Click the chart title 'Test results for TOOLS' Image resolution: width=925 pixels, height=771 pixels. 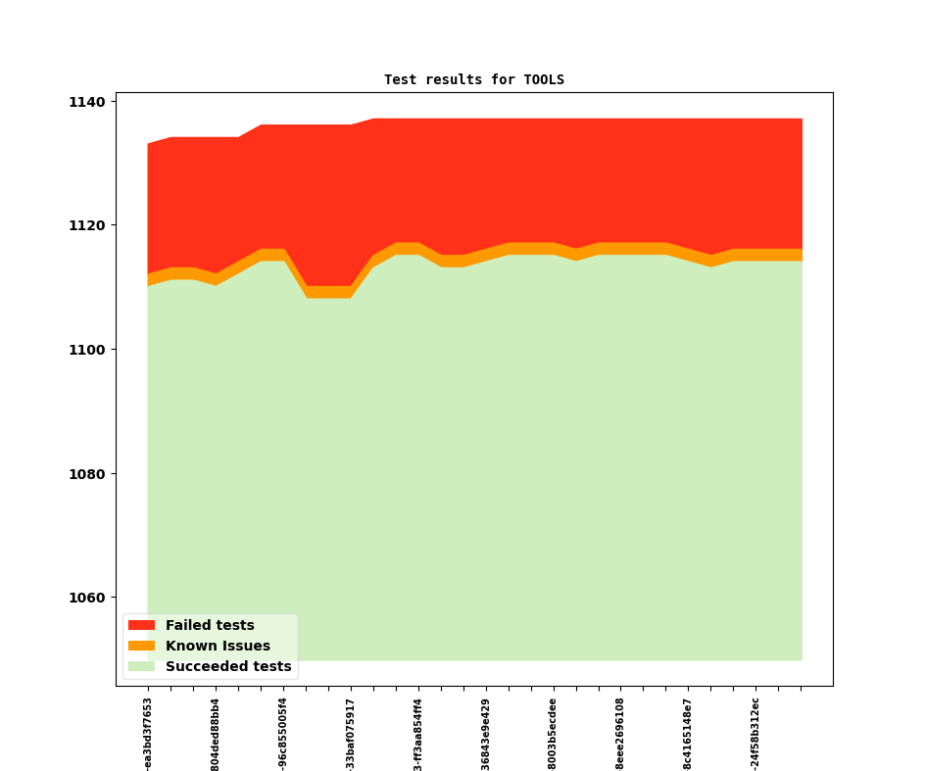474,79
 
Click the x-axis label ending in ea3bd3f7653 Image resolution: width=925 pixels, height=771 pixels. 148,734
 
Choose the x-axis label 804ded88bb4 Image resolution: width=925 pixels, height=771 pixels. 216,734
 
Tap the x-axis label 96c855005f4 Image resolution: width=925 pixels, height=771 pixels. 283,734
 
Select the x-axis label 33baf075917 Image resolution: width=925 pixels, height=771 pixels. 351,734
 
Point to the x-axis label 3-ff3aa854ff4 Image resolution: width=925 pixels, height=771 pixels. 418,734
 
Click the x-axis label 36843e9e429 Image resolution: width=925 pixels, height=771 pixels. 486,734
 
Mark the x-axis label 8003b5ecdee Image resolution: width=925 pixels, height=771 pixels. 554,734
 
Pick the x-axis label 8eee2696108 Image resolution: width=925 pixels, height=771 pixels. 620,734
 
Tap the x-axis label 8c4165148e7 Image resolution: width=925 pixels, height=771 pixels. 688,734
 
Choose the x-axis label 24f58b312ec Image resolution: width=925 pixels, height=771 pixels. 755,734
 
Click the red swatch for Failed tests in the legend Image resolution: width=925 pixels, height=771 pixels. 141,625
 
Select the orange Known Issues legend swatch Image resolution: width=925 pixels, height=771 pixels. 141,646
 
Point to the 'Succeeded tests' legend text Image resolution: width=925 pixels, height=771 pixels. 228,666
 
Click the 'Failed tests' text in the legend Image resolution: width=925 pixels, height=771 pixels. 210,625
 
